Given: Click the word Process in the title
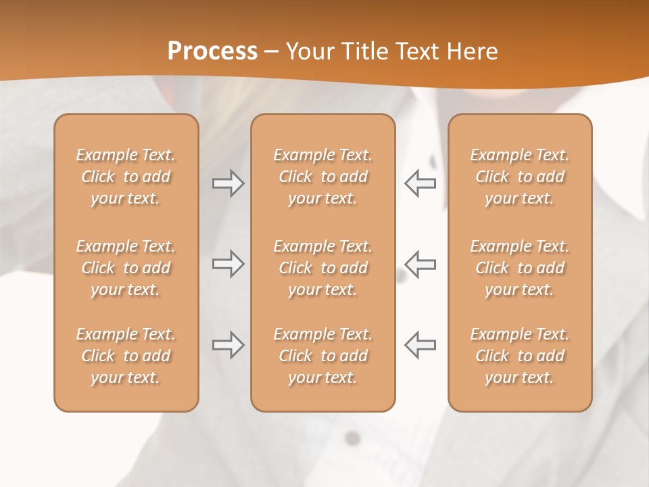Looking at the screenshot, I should [x=212, y=51].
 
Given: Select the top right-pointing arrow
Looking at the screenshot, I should [x=229, y=183].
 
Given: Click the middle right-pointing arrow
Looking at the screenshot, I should [x=229, y=264].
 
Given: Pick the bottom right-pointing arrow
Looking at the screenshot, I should [x=229, y=345].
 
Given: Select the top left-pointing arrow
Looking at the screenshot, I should [x=420, y=183].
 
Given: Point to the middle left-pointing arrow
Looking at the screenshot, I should [x=420, y=264].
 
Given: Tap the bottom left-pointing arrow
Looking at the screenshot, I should [x=420, y=345].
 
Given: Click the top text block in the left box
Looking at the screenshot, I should [x=126, y=177].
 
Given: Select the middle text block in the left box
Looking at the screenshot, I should [x=126, y=268].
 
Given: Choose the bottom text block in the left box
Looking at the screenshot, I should [x=126, y=356].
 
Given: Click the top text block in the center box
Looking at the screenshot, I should [x=322, y=177].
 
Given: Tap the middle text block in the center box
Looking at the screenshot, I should [x=322, y=268].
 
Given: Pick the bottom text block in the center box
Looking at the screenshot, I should [x=322, y=356].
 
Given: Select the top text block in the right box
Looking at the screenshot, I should [x=520, y=177].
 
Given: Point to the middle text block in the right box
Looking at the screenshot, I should [x=520, y=268].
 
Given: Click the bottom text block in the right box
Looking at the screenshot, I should [x=520, y=356].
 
